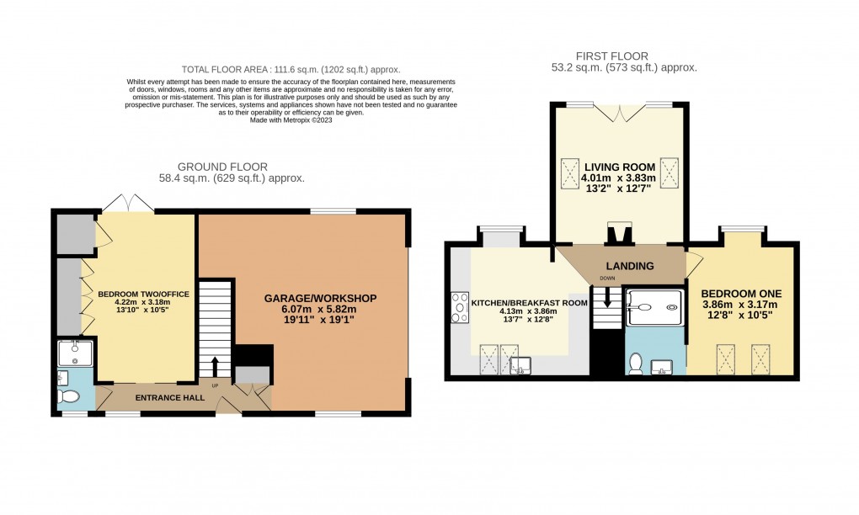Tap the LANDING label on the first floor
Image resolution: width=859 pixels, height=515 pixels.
pos(632,266)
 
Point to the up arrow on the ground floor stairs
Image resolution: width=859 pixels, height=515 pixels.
pos(214,367)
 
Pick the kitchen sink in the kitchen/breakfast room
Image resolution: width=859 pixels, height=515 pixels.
pos(520,364)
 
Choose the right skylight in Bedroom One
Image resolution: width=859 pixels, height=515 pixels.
pos(761,358)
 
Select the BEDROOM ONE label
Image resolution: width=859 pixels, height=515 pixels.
pos(742,293)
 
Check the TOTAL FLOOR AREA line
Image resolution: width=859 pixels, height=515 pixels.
pos(291,69)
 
